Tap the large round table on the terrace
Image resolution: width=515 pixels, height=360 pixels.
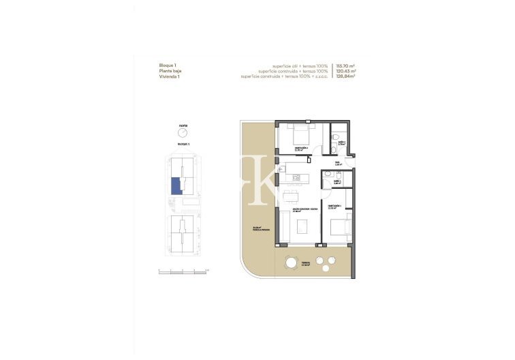[291, 262]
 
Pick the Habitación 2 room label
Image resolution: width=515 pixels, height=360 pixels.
[300, 147]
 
